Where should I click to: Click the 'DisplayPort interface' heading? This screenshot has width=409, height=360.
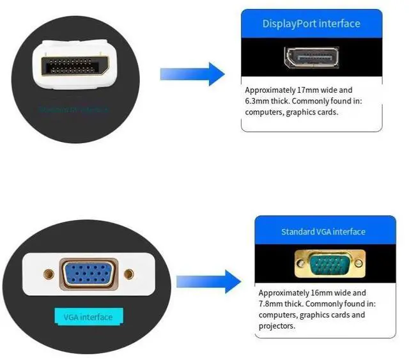[311, 24]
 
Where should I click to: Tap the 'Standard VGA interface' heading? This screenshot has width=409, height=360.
[323, 231]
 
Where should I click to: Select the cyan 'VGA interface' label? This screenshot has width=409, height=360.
[88, 317]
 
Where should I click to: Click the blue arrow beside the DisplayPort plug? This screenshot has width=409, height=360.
[192, 74]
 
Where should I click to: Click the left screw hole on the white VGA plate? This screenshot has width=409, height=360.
[47, 274]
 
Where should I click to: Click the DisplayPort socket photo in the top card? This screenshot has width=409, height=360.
[311, 58]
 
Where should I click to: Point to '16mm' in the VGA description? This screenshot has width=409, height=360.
[325, 293]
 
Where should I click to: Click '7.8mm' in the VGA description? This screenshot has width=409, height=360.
[272, 304]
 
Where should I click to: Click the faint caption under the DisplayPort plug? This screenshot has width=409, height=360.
[74, 109]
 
